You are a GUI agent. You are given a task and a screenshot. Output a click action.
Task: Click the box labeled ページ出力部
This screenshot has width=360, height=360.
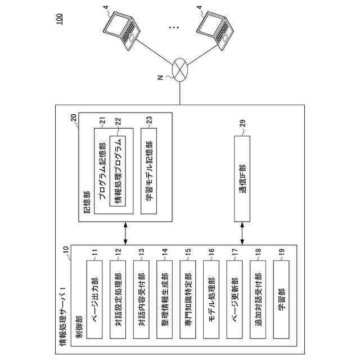(94, 299)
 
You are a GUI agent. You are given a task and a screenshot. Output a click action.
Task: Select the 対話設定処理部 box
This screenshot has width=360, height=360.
(118, 299)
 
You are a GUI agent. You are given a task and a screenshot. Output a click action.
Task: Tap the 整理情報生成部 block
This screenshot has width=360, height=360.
(164, 299)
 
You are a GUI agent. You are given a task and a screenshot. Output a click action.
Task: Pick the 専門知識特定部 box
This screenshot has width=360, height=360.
(188, 299)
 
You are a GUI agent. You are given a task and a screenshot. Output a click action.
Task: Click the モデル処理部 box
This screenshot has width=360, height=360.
(211, 299)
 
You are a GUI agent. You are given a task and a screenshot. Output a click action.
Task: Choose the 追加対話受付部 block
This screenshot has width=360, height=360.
(258, 299)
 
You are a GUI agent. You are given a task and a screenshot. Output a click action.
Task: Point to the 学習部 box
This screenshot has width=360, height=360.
(281, 299)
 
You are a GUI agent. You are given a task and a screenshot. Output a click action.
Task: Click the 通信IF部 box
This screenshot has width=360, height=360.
(242, 179)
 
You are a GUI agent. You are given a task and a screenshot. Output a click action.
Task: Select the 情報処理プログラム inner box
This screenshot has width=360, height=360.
(118, 171)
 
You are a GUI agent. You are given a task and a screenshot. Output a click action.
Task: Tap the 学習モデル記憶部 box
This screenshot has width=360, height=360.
(148, 171)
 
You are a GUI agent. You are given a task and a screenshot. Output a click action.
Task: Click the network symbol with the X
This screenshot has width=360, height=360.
(180, 70)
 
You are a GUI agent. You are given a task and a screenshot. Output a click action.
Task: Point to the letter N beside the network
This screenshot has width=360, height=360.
(160, 78)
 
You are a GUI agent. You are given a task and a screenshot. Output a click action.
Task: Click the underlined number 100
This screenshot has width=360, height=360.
(59, 19)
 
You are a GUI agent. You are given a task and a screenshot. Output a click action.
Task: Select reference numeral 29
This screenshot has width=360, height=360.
(242, 123)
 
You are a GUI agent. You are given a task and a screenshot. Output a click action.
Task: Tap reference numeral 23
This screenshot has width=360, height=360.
(149, 120)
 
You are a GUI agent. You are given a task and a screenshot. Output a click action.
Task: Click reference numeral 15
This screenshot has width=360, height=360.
(188, 253)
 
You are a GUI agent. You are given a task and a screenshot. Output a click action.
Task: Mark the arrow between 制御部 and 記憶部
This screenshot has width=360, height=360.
(125, 233)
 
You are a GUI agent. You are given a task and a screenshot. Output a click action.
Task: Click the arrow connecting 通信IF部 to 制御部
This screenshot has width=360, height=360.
(242, 233)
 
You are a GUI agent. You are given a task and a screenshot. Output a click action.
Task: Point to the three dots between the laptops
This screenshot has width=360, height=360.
(174, 28)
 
